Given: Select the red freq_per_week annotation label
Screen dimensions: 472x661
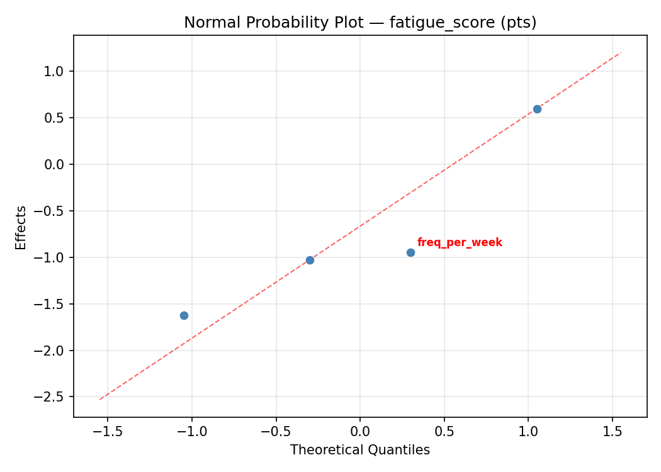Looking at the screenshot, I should [460, 243].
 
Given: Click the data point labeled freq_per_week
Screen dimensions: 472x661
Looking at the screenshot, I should [410, 252].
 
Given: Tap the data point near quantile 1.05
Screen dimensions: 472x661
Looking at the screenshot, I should [537, 109].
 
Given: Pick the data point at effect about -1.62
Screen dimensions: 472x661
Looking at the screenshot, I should [184, 315].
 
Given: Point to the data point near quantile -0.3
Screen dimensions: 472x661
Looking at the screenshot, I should [310, 260].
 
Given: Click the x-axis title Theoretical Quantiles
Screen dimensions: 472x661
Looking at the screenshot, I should [359, 450].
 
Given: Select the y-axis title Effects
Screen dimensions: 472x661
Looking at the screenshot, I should [21, 227].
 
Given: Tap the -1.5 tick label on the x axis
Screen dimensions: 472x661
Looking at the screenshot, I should [107, 432].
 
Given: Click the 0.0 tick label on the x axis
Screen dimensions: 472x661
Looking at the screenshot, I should [360, 432].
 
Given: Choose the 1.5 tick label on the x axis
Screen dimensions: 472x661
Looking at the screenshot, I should [613, 432].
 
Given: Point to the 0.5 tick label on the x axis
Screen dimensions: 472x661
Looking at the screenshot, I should [444, 432].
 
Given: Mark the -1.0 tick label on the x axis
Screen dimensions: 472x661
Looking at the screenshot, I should [191, 432].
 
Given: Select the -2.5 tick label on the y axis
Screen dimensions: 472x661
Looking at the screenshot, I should [52, 397].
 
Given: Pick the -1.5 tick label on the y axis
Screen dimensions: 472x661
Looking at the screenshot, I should [52, 304].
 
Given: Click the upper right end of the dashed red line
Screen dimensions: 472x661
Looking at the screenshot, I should [621, 52].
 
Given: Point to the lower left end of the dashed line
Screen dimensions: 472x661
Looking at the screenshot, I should [99, 399].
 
